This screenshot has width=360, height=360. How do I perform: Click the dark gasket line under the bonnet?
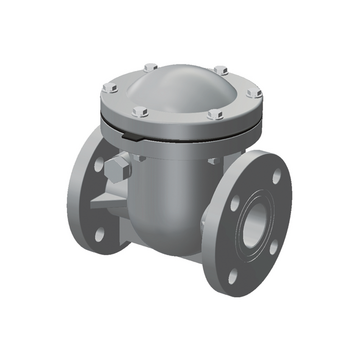(x=200, y=138)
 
